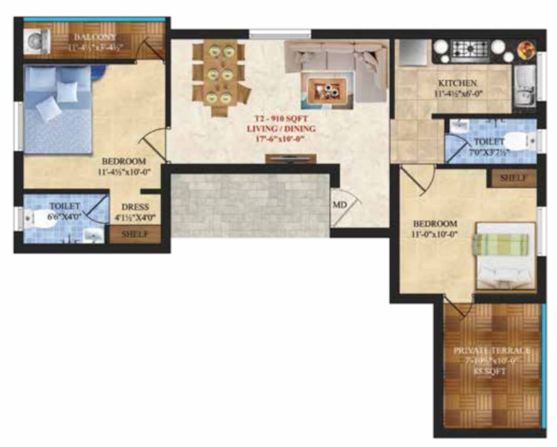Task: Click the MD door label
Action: coord(340,205)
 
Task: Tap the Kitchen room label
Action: coord(458,83)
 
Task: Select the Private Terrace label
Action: coord(492,350)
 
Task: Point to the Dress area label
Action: coord(135,207)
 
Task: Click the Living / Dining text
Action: coord(281,129)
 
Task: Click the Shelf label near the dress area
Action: coord(134,235)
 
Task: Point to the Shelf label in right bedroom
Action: coord(514,178)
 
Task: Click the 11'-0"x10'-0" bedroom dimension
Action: coord(435,235)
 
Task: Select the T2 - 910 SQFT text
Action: coord(281,119)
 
